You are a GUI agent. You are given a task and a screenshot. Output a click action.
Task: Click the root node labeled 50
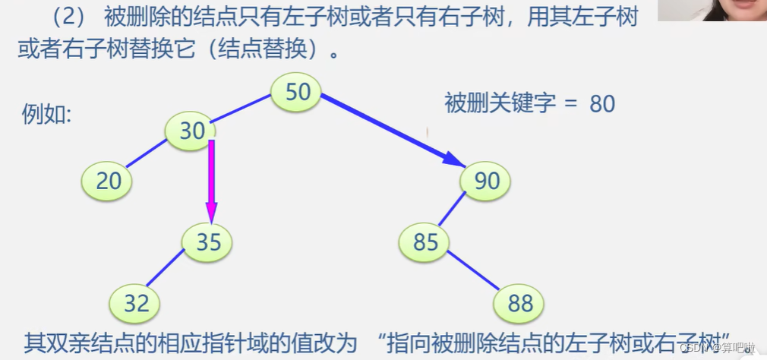(297, 92)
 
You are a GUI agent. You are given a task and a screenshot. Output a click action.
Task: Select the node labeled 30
(191, 131)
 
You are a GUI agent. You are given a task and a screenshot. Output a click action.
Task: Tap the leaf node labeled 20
(107, 180)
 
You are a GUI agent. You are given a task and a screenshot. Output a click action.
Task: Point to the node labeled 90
(486, 181)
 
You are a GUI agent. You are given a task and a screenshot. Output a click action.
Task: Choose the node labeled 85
(425, 242)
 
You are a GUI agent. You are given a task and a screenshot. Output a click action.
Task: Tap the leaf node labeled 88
(519, 304)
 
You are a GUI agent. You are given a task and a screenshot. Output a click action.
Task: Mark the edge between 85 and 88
(474, 272)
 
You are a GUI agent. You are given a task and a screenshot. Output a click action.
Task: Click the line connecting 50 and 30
(241, 110)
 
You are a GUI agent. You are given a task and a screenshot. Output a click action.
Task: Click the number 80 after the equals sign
(601, 104)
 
